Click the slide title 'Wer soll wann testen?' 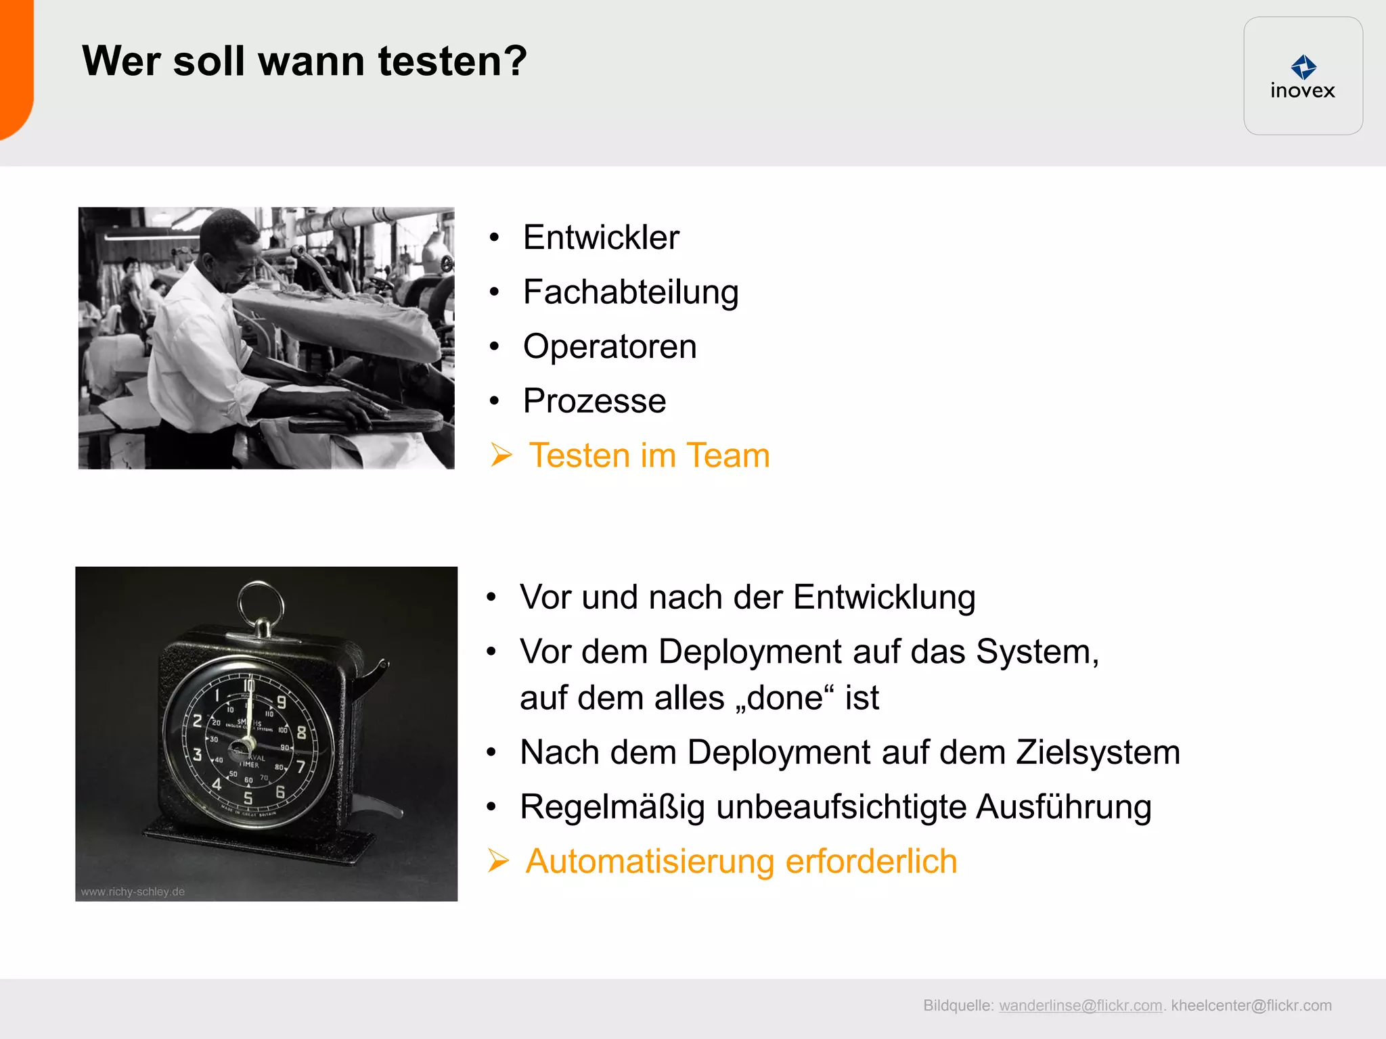pyautogui.click(x=304, y=62)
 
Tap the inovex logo pyautogui.click(x=1303, y=76)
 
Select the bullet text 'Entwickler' pyautogui.click(x=601, y=237)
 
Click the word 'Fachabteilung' pyautogui.click(x=631, y=292)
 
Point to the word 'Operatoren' pyautogui.click(x=610, y=347)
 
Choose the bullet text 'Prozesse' pyautogui.click(x=594, y=401)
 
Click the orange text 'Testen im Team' pyautogui.click(x=649, y=455)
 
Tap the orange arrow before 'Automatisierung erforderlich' pyautogui.click(x=498, y=861)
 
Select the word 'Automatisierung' pyautogui.click(x=650, y=862)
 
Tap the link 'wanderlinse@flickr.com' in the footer pyautogui.click(x=1080, y=1006)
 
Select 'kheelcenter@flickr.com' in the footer pyautogui.click(x=1251, y=1006)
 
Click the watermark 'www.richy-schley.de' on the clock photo pyautogui.click(x=133, y=892)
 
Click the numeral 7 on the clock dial pyautogui.click(x=300, y=766)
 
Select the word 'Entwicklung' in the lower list pyautogui.click(x=884, y=597)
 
